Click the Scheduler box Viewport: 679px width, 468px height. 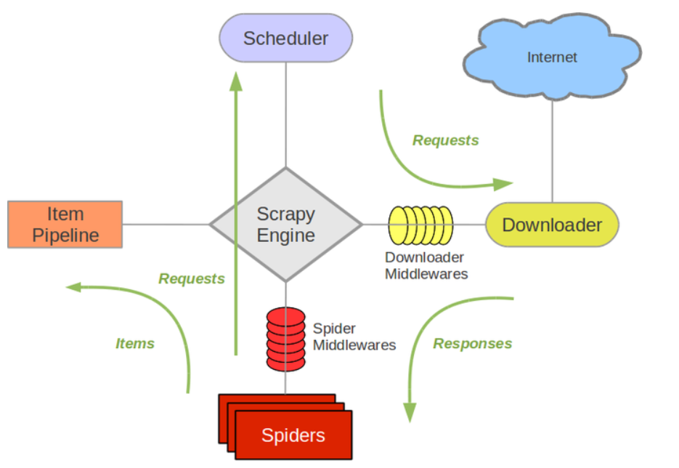[x=285, y=38]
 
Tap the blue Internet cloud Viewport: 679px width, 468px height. [x=552, y=57]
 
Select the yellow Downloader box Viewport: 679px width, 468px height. [x=552, y=225]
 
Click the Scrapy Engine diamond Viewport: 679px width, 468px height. [x=285, y=225]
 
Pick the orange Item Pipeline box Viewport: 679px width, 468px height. [x=65, y=225]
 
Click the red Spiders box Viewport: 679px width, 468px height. [x=293, y=435]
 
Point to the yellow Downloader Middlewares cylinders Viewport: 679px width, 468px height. [x=420, y=225]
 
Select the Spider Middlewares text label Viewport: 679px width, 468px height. [x=354, y=336]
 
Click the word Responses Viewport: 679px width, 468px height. [x=472, y=344]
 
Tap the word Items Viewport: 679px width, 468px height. [x=135, y=344]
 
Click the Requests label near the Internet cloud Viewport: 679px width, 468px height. [x=446, y=140]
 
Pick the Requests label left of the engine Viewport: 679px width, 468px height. [x=192, y=278]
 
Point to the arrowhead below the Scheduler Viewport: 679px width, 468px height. [x=235, y=81]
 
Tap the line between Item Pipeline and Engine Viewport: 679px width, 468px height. [x=166, y=225]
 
